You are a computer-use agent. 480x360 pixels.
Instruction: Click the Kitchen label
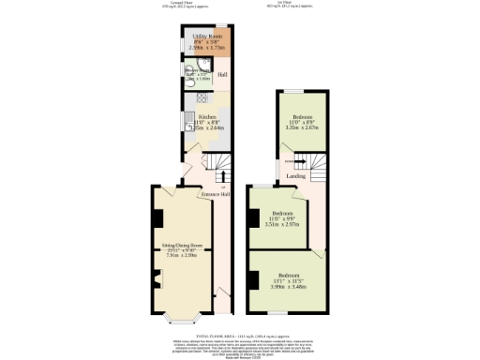(206, 117)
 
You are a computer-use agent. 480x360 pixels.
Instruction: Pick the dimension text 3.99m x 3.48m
(289, 287)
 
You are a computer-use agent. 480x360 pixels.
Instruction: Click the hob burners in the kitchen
(202, 97)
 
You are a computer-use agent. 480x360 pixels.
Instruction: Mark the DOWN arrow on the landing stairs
(291, 160)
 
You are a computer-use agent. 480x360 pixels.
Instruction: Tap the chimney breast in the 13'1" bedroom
(254, 279)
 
